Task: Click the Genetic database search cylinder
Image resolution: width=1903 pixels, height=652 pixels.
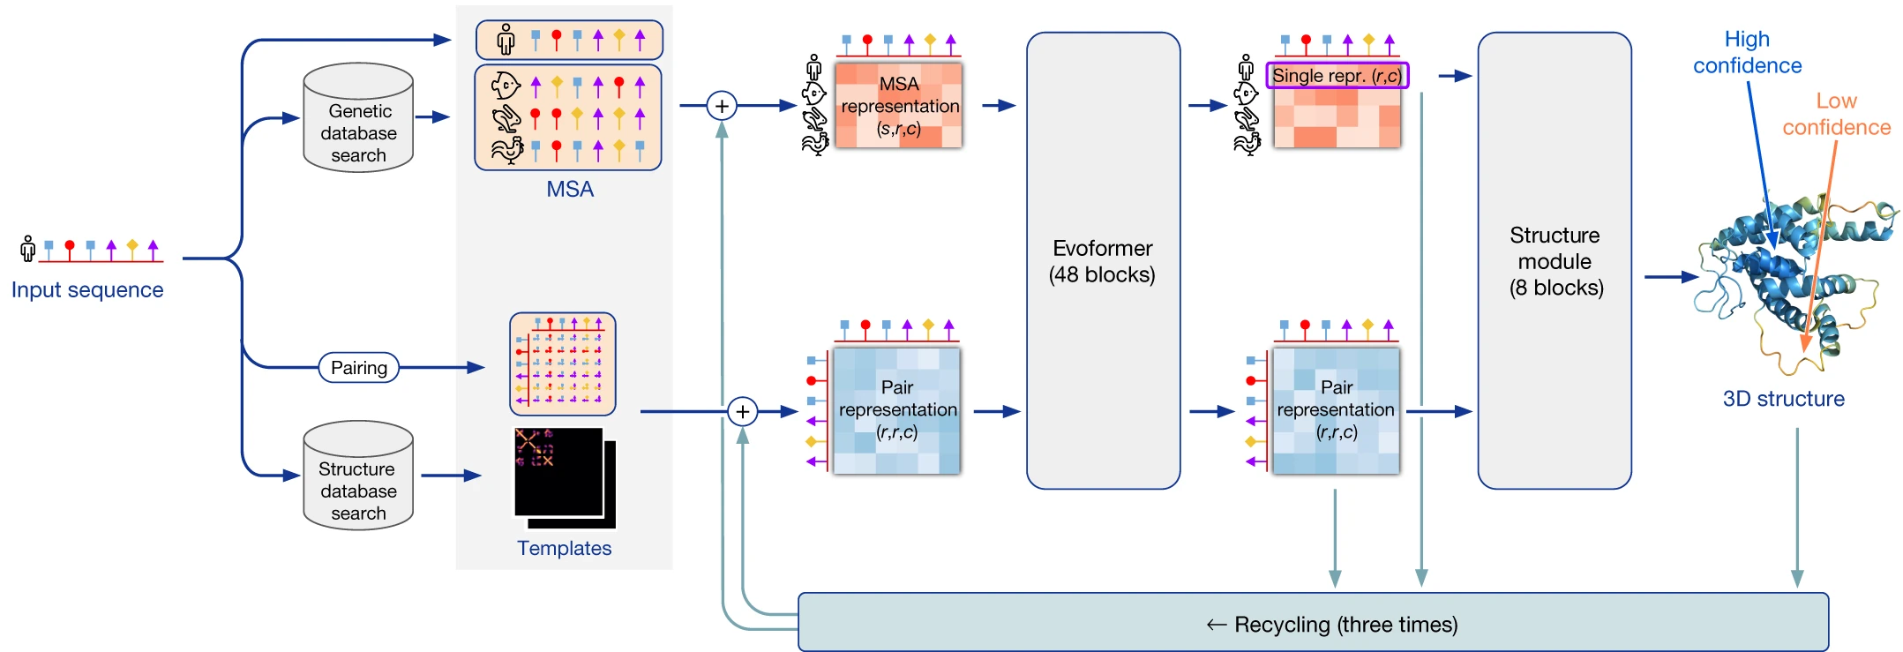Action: pyautogui.click(x=358, y=118)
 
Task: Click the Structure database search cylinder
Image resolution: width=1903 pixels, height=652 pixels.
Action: pyautogui.click(x=358, y=476)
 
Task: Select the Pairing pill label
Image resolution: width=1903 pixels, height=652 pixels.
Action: pyautogui.click(x=358, y=368)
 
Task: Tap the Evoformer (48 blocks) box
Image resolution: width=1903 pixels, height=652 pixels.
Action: pyautogui.click(x=1103, y=261)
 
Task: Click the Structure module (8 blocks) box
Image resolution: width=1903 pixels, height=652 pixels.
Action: pyautogui.click(x=1555, y=261)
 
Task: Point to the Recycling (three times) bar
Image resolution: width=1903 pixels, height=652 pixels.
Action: pyautogui.click(x=1313, y=623)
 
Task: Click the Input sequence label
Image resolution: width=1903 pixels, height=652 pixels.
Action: pyautogui.click(x=87, y=290)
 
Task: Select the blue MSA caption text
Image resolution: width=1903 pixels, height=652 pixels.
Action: pyautogui.click(x=570, y=190)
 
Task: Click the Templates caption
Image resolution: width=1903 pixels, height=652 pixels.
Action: pyautogui.click(x=565, y=549)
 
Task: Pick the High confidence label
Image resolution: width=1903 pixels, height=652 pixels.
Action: pyautogui.click(x=1747, y=53)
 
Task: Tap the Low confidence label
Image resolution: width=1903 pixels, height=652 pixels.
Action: pyautogui.click(x=1836, y=115)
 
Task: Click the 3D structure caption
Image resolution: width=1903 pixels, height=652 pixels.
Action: pyautogui.click(x=1783, y=399)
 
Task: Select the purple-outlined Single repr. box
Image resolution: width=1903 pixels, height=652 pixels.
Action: pyautogui.click(x=1337, y=76)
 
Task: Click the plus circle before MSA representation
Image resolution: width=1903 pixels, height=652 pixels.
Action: pyautogui.click(x=722, y=106)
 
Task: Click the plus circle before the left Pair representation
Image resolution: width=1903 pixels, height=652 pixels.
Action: pyautogui.click(x=743, y=412)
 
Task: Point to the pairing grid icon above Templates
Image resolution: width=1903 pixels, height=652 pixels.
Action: pyautogui.click(x=563, y=363)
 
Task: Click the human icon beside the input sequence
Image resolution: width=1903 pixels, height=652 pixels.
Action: pyautogui.click(x=28, y=249)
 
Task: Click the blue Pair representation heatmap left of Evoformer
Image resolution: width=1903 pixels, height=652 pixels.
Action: pyautogui.click(x=896, y=411)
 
